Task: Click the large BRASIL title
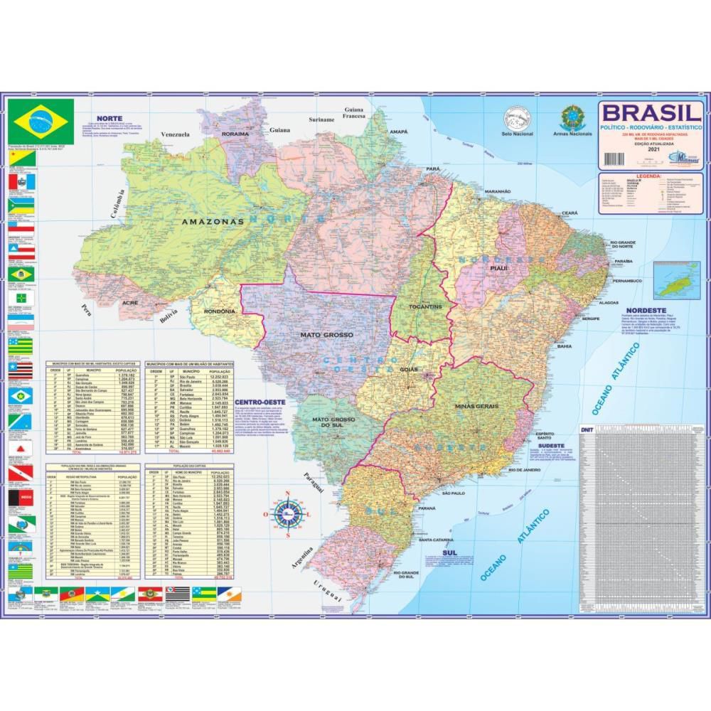[x=651, y=112]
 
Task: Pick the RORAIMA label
[x=235, y=134]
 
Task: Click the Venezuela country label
[x=176, y=134]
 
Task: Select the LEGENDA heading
[x=651, y=176]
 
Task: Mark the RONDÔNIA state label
[x=218, y=311]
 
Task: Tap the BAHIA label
[x=564, y=346]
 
